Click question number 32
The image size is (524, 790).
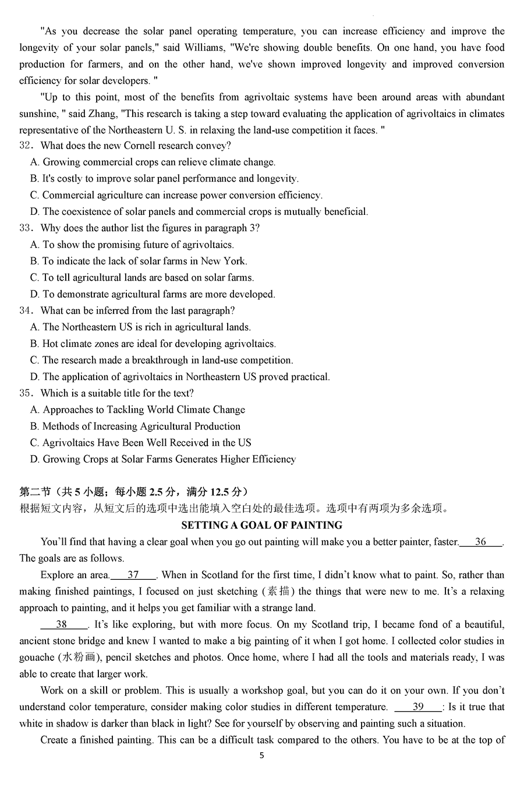25,146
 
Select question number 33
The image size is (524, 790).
25,228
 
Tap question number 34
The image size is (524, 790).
25,311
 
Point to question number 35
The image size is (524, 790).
25,394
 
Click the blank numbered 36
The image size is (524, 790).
480,542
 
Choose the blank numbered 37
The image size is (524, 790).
133,575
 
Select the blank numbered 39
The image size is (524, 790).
418,707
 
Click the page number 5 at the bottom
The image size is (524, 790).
261,756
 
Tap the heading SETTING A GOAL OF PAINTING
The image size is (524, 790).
262,525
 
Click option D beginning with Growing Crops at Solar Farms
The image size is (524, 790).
163,459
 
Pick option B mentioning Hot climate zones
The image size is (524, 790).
153,344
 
